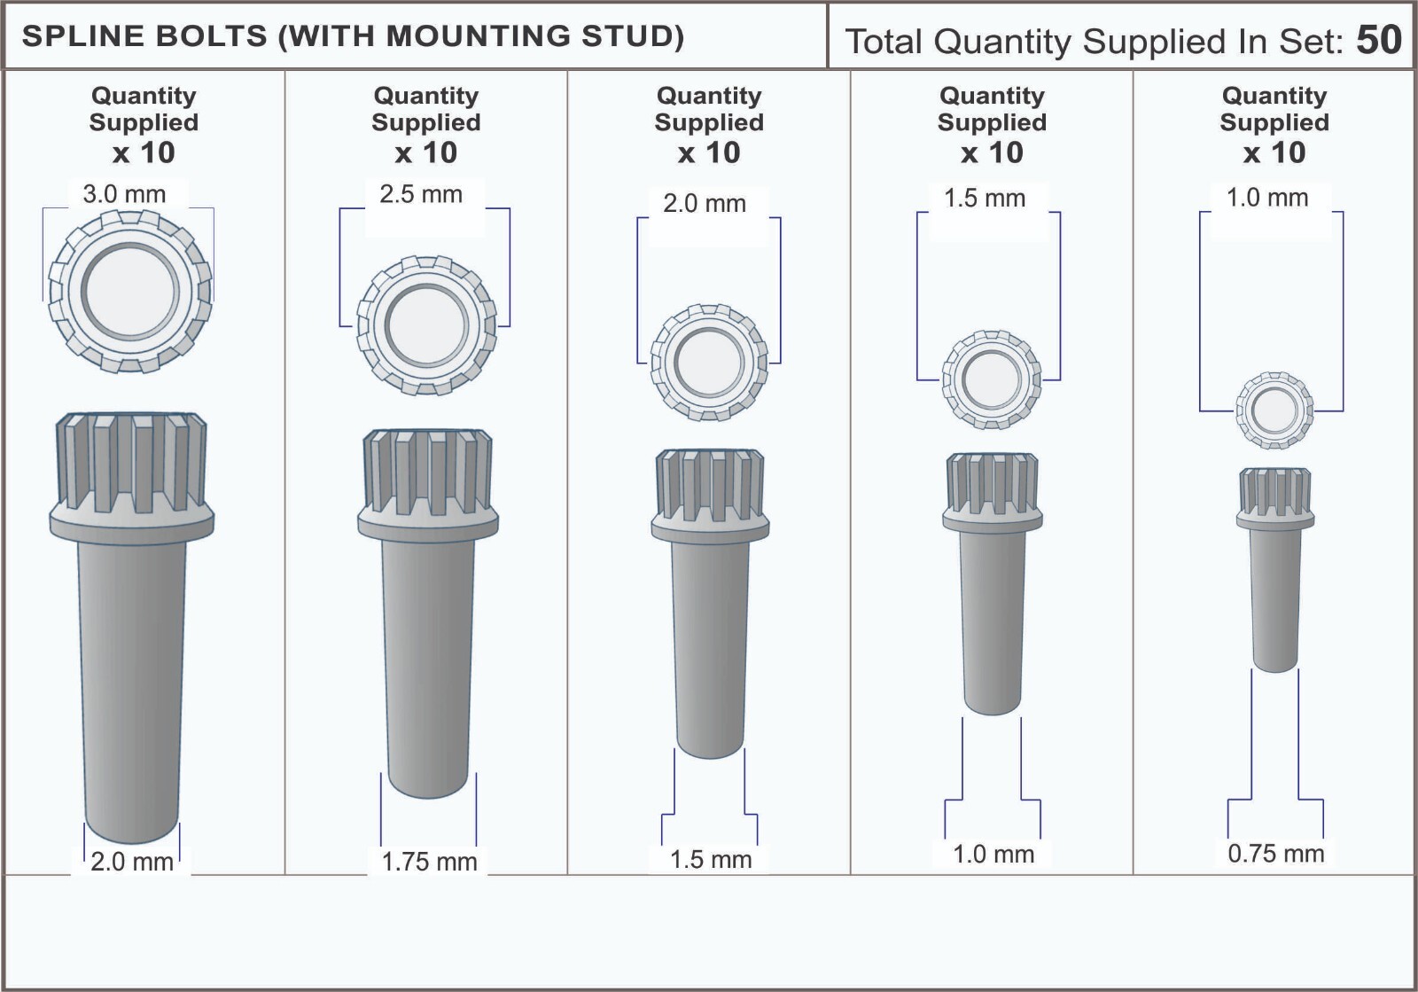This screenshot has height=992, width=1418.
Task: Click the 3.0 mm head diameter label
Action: pos(124,194)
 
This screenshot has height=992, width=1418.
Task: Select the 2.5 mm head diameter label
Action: pos(421,194)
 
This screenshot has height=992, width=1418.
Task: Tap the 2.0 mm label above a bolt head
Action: pos(705,204)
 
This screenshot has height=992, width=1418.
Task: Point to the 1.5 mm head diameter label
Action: pos(985,199)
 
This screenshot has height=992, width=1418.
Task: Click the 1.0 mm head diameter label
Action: pos(1267,198)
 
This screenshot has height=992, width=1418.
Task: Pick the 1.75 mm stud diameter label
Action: pos(429,862)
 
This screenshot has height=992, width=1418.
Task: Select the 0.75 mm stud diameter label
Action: pos(1275,854)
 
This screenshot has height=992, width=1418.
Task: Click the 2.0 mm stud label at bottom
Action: pos(132,862)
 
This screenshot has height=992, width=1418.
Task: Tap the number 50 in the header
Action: pos(1379,40)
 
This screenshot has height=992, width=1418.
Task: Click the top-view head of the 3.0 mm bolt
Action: pos(130,290)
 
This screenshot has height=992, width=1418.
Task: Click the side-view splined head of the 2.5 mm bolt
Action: pos(426,472)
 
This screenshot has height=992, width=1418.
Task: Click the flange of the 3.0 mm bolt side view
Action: pos(131,521)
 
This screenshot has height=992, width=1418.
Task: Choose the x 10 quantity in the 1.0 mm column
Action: pos(1274,152)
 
